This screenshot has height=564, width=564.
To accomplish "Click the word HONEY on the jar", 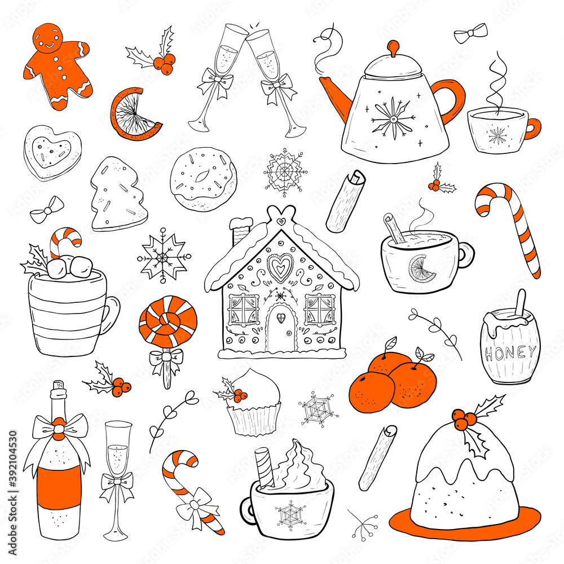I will pos(510,354).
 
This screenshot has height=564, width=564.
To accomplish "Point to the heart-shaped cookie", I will pos(52,151).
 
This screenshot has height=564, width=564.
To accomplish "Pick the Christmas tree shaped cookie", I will pos(117,195).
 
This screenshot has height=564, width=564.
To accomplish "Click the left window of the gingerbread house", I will pos(243,310).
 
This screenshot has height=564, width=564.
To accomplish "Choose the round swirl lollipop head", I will pos(168,321).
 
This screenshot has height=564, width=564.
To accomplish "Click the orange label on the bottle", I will pos(58,482).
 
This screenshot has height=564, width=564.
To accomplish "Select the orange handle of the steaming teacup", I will pos(532,128).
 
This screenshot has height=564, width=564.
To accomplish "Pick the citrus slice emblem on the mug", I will pos(422,269).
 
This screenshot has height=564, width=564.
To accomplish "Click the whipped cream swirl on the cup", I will pos(298,469).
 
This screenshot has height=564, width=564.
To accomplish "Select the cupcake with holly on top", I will pos(253,403).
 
